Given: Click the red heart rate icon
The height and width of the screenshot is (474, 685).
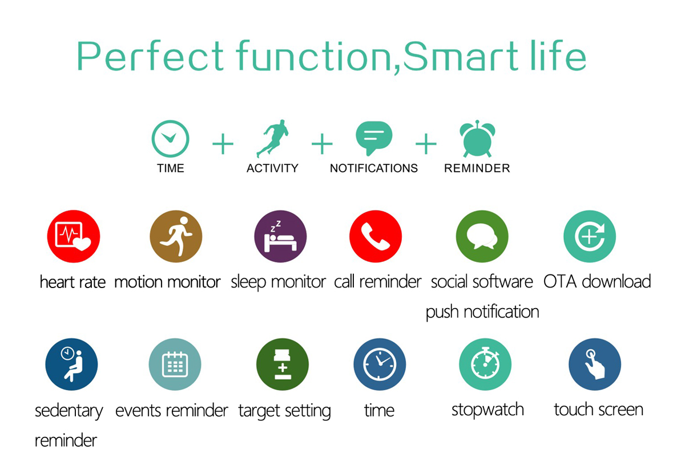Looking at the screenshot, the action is (x=74, y=236).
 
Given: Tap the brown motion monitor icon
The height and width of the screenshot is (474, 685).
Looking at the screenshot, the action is (x=176, y=236).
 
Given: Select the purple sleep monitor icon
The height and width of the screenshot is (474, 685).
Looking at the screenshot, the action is (x=280, y=236).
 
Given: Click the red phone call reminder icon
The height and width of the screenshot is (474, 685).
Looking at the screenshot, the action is (x=376, y=236).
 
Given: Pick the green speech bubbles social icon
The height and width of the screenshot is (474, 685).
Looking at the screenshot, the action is (x=482, y=236).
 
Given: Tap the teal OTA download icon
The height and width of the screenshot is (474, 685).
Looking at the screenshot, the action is (x=590, y=236).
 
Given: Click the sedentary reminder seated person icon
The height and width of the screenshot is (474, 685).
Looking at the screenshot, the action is (x=71, y=364).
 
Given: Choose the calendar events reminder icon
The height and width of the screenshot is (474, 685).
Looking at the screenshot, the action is (x=175, y=364).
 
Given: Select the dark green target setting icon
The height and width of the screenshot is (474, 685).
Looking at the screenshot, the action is (x=282, y=364).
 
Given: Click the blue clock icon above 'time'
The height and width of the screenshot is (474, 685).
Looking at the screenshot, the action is (x=380, y=364).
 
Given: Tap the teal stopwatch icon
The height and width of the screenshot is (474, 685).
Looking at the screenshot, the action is (x=485, y=364).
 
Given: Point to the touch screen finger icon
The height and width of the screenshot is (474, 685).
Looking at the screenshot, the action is (x=595, y=364).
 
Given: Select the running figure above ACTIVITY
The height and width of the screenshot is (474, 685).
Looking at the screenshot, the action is (x=273, y=138).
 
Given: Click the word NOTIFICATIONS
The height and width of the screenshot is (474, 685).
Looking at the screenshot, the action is (x=374, y=168).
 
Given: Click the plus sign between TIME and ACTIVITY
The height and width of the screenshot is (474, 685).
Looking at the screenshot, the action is (x=223, y=143).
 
